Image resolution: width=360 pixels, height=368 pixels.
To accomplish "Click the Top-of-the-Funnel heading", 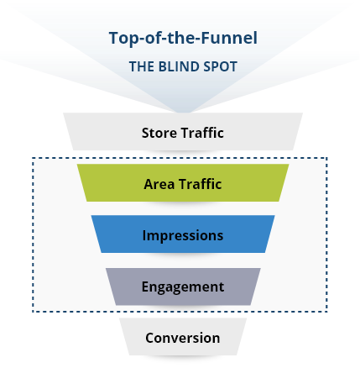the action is coord(183,38).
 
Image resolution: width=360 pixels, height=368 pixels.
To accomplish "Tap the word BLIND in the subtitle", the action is coord(180,66).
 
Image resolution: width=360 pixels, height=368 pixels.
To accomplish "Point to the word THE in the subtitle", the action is coord(142,66).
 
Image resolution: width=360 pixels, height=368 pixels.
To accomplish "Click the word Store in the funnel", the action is coord(159,133).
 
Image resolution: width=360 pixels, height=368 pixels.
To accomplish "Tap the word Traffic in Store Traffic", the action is coord(202,133).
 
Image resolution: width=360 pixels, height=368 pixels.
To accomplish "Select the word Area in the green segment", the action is coord(159,184).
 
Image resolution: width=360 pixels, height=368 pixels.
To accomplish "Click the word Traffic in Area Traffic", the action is coord(201,184).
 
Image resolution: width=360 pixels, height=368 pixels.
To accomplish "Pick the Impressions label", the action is coord(183,235).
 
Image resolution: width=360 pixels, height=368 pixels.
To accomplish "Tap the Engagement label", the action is coord(183,287).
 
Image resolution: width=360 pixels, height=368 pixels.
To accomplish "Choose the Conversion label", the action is coord(183,338).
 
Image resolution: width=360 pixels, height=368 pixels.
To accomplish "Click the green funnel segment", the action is coord(183,182).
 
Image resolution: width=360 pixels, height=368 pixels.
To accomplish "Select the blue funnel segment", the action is coord(183,234).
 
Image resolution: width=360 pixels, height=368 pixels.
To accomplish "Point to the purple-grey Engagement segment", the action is coord(183,287).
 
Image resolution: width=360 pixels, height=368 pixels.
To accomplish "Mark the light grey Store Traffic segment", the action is coord(183,131).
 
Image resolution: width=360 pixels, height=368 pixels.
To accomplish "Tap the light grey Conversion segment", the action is coord(183,337).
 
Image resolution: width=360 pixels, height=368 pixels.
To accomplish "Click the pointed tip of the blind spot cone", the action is coord(183,112).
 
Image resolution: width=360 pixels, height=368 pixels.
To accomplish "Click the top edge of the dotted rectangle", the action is coord(180,158).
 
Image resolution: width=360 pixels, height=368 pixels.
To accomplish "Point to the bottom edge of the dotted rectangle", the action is coord(180,311).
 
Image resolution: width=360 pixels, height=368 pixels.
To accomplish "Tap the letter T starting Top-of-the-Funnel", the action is coord(114,38).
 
